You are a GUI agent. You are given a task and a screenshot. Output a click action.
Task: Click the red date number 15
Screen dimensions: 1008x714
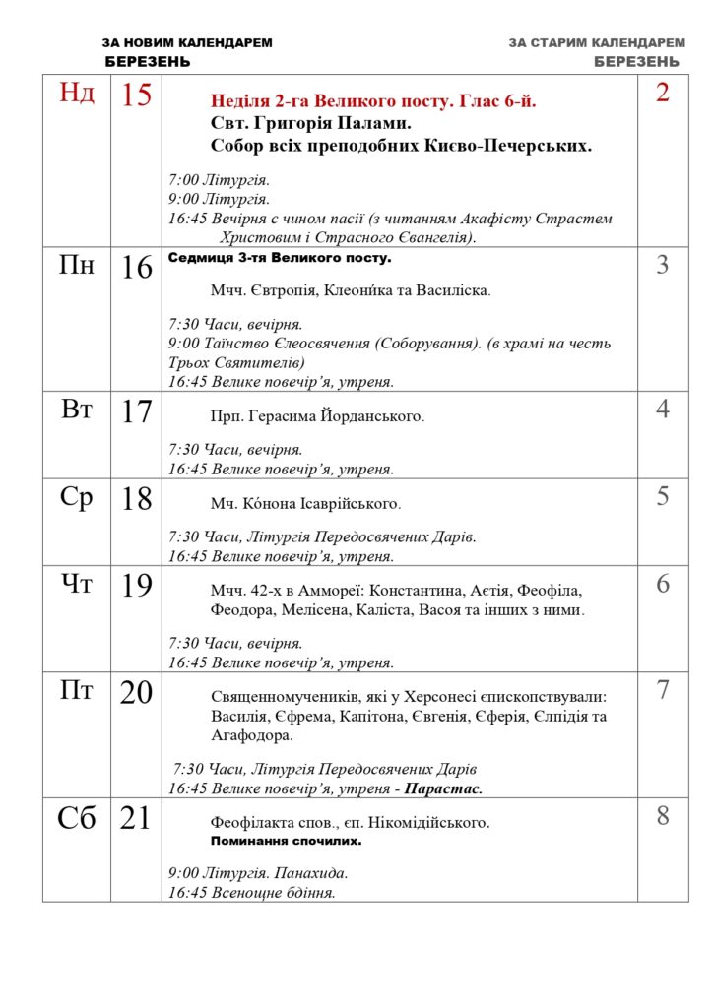tap(136, 96)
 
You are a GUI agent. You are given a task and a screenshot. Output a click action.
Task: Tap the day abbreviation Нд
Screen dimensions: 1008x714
tap(78, 94)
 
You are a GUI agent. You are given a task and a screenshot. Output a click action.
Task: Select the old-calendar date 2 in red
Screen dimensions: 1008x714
tap(663, 93)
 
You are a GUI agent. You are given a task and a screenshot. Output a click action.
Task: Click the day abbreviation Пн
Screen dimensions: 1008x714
tap(78, 265)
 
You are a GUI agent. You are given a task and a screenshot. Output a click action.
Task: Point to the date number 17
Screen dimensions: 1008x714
tap(136, 411)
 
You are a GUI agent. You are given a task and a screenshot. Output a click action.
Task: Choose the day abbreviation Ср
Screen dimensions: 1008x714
tap(78, 497)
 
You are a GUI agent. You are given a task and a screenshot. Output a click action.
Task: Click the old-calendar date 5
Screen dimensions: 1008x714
tap(663, 496)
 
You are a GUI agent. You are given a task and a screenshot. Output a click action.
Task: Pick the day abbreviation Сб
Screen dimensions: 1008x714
tap(78, 816)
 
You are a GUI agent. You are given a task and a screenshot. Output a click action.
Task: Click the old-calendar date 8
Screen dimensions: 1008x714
tap(663, 815)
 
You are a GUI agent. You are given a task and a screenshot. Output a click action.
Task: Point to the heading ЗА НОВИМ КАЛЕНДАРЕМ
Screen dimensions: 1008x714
tap(187, 43)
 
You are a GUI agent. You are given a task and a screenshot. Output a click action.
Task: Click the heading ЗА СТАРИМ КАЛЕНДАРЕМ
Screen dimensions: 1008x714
tap(597, 43)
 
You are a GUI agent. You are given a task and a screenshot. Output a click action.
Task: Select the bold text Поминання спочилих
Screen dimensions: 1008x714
tap(286, 842)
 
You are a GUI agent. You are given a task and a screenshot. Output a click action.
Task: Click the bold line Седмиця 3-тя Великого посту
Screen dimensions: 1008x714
tap(280, 258)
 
